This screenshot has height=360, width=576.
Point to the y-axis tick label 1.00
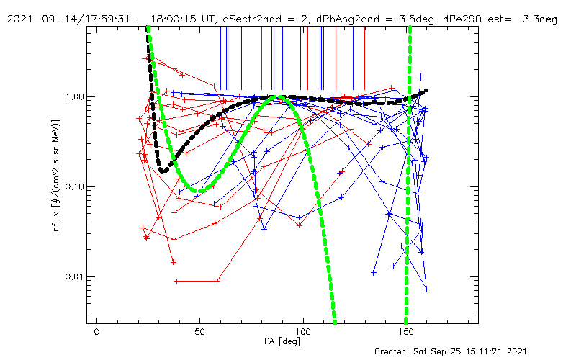tap(73, 96)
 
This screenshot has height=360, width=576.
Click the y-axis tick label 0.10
tap(73, 186)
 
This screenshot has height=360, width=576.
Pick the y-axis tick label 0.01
tap(73, 276)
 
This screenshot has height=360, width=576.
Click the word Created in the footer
tap(395, 351)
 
